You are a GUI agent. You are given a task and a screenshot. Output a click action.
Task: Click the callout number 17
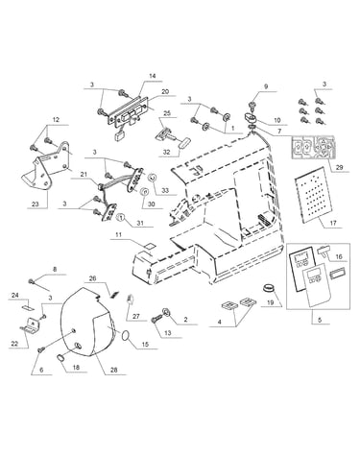[x=333, y=223]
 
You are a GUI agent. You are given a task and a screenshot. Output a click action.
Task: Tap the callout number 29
[x=339, y=167]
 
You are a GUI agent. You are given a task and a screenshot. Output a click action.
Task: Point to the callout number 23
[x=35, y=204]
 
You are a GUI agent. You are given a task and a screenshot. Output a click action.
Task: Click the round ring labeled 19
[x=269, y=287]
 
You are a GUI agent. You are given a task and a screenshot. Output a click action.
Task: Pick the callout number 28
[x=113, y=370]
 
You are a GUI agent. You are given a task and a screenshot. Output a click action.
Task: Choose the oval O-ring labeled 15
[x=126, y=336]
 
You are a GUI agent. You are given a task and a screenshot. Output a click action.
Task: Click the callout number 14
[x=153, y=76]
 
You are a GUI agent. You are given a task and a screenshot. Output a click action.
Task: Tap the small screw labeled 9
[x=252, y=105]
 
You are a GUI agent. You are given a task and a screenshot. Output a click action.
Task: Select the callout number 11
[x=119, y=235]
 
